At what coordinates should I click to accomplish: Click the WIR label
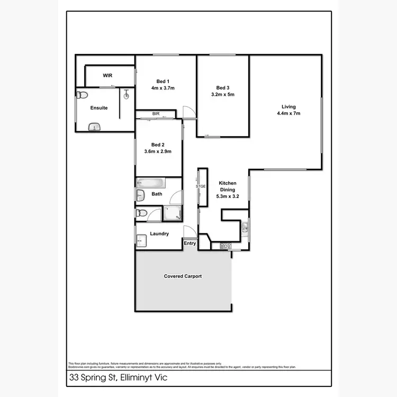coord(107,76)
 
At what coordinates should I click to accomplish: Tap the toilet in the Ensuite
coord(81,95)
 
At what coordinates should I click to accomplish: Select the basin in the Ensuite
coord(94,127)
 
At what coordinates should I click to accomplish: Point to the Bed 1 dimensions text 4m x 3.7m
coord(163,88)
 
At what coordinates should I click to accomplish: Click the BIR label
coord(156,114)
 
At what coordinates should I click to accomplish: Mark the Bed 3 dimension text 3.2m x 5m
coord(223,94)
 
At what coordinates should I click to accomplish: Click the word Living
coord(288,106)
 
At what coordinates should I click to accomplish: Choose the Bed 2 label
coord(158,145)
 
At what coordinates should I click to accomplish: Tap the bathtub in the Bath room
coord(151,183)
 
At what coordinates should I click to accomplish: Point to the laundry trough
coord(140,241)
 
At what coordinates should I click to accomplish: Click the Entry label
coord(190,243)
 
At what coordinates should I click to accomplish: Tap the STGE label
coord(200,186)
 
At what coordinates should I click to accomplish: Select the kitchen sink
coord(245,228)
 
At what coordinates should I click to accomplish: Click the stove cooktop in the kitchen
coord(224,246)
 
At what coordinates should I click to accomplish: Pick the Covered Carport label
coord(183,276)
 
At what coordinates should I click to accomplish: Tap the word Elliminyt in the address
coord(135,378)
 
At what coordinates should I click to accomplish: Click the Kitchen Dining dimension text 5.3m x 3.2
coord(228,195)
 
